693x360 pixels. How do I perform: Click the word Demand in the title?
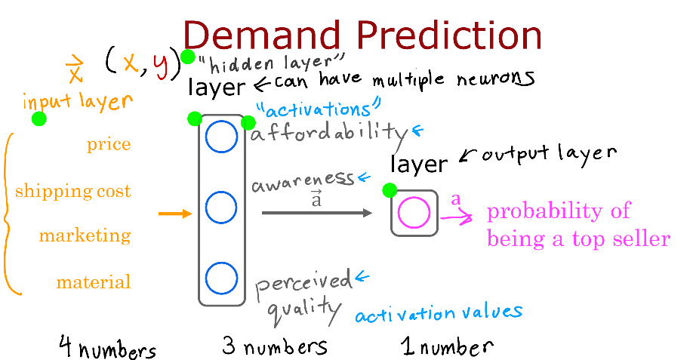[x=262, y=35]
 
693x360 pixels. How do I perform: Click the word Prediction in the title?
[x=449, y=35]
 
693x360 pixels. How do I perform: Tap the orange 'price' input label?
[x=109, y=145]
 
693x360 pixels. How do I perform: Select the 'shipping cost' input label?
[x=73, y=191]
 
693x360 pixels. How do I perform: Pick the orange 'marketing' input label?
[x=85, y=236]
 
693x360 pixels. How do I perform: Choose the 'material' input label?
[x=94, y=282]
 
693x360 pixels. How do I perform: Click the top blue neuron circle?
[x=221, y=121]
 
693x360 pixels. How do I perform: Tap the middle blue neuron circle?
[x=221, y=191]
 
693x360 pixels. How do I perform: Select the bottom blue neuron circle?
[x=221, y=263]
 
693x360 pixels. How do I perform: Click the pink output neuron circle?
[x=414, y=198]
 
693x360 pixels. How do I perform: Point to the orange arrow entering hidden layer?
[x=175, y=214]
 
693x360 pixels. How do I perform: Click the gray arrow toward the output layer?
[x=317, y=213]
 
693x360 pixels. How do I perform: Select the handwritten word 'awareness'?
[x=303, y=182]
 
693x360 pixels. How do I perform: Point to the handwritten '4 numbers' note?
[x=107, y=347]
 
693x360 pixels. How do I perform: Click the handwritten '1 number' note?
[x=447, y=346]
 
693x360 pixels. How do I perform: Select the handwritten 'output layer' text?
[x=550, y=154]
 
